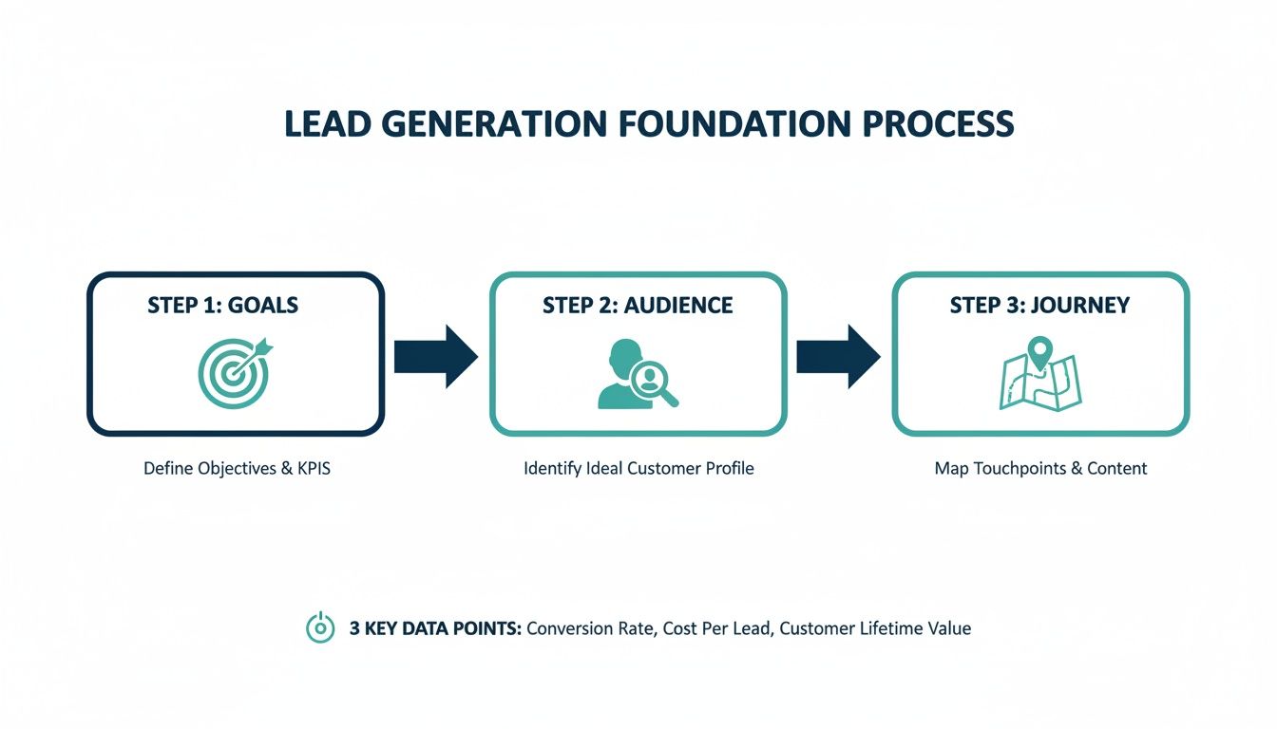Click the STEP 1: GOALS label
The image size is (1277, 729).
pos(222,305)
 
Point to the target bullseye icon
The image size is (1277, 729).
pos(233,373)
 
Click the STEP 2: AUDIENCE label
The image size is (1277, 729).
pos(638,305)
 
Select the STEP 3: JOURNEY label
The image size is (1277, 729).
pos(1039,305)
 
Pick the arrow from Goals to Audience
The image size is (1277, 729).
pos(435,356)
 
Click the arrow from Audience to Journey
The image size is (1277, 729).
pos(838,356)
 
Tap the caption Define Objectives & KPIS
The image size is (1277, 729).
pos(237,468)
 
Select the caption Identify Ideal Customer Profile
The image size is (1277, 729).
pos(638,468)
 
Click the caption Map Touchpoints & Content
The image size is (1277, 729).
pos(1040,468)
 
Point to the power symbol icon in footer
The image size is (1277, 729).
pos(320,627)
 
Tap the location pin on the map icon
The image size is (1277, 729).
pos(1040,354)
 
